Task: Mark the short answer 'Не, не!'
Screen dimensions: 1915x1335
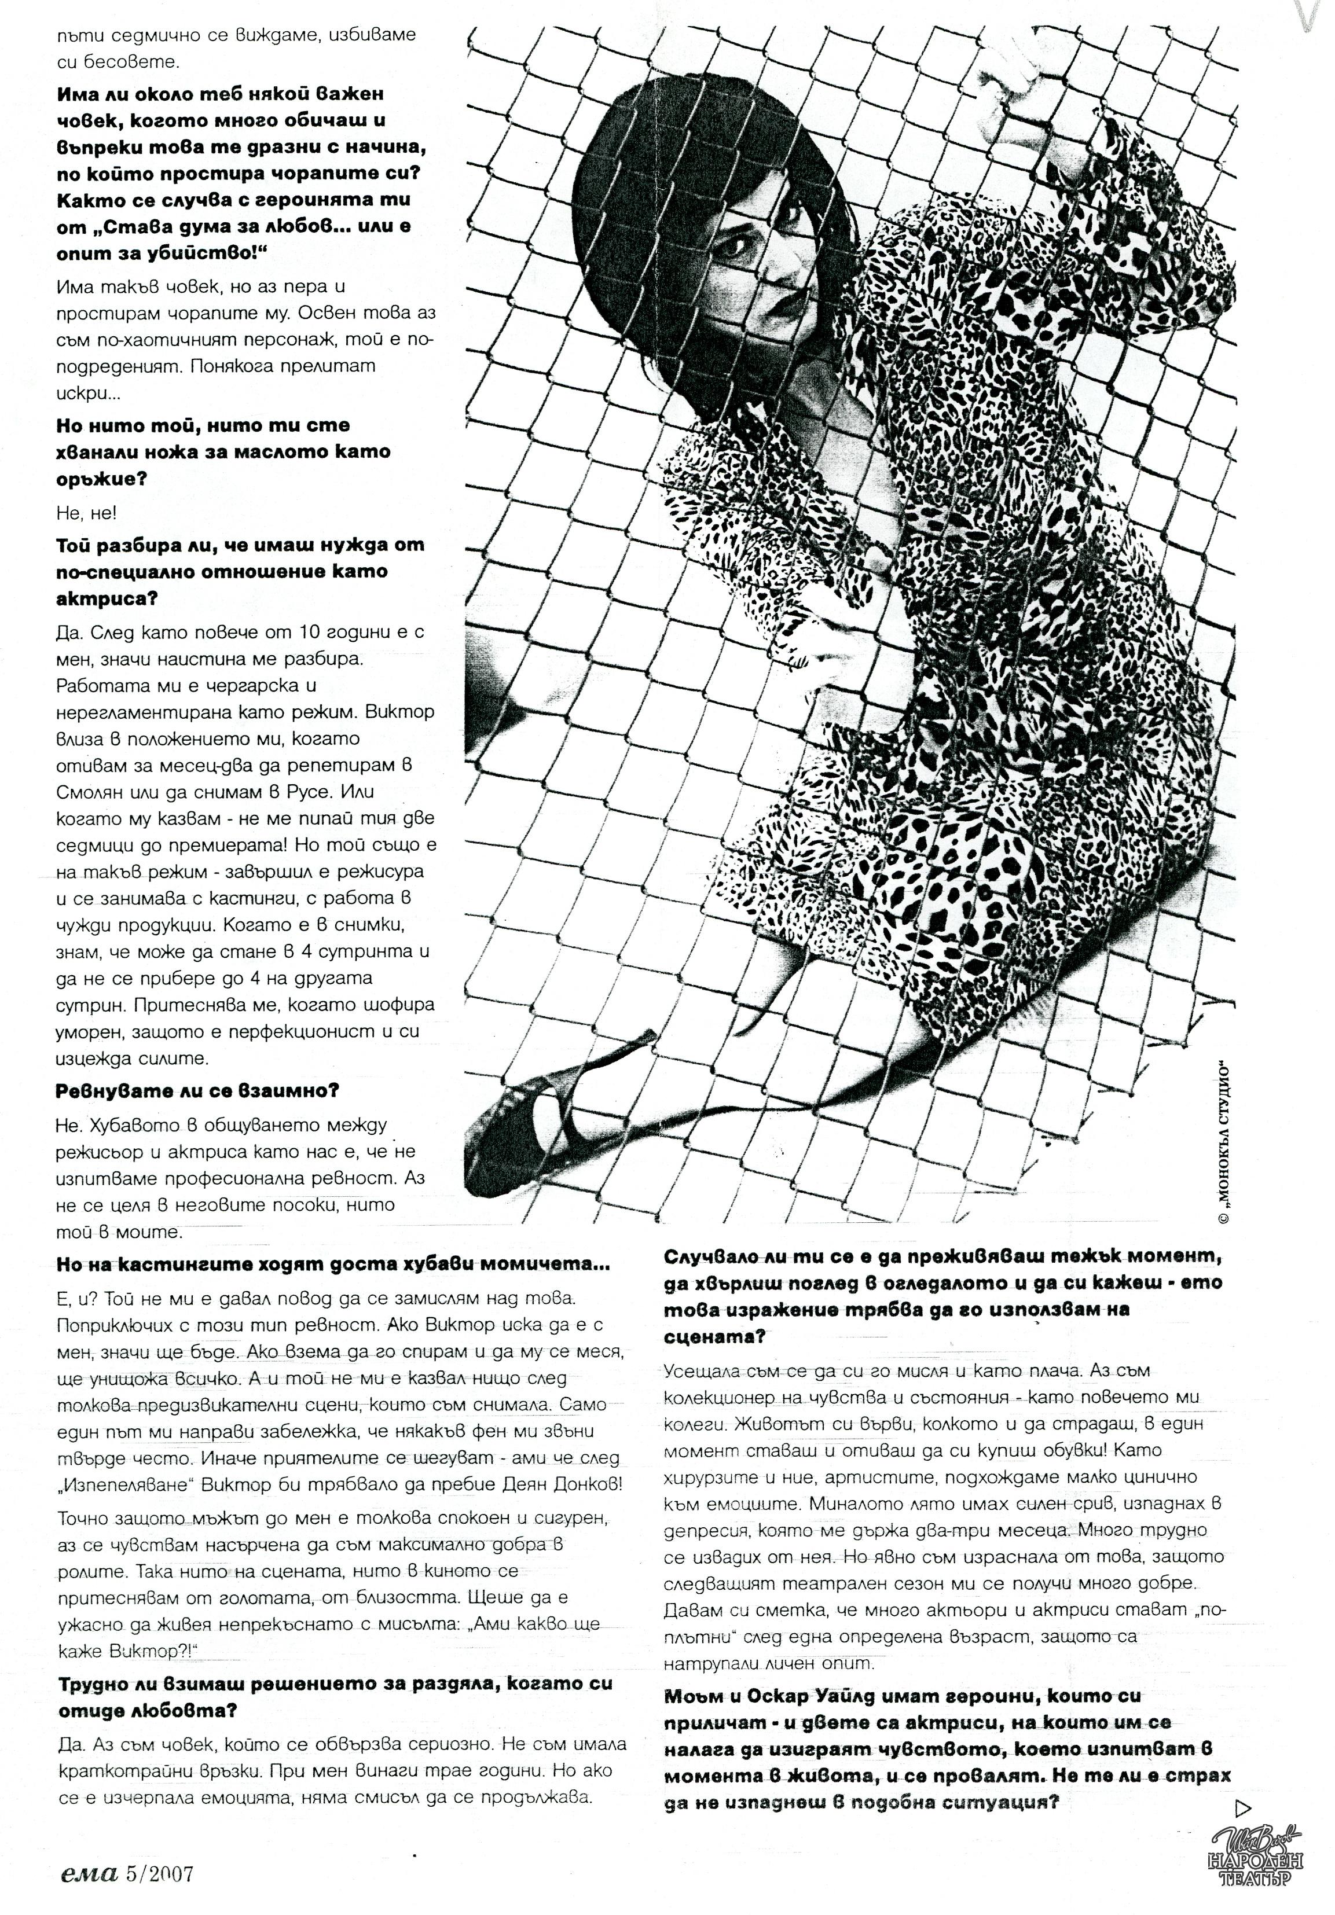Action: pyautogui.click(x=87, y=514)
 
